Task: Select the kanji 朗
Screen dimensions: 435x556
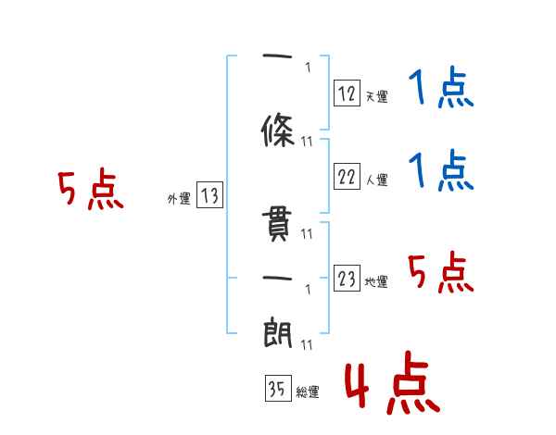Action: [277, 330]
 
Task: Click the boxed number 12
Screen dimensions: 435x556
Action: [347, 93]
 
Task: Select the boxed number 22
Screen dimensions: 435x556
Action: [347, 178]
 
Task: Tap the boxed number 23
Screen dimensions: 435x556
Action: [347, 279]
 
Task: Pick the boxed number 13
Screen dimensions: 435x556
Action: [209, 196]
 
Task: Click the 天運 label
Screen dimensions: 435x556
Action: [376, 96]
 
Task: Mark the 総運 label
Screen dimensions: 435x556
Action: [307, 392]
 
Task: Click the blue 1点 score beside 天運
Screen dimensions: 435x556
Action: [440, 90]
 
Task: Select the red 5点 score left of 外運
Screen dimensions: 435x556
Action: [90, 191]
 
